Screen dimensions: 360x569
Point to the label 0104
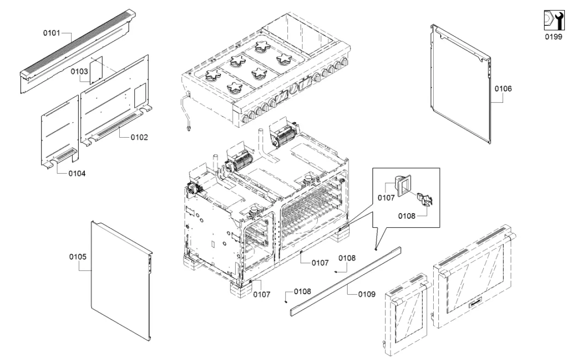[77, 174]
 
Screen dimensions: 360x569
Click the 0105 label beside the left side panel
[77, 256]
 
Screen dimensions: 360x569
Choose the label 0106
[503, 88]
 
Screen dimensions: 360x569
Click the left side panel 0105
[120, 281]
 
